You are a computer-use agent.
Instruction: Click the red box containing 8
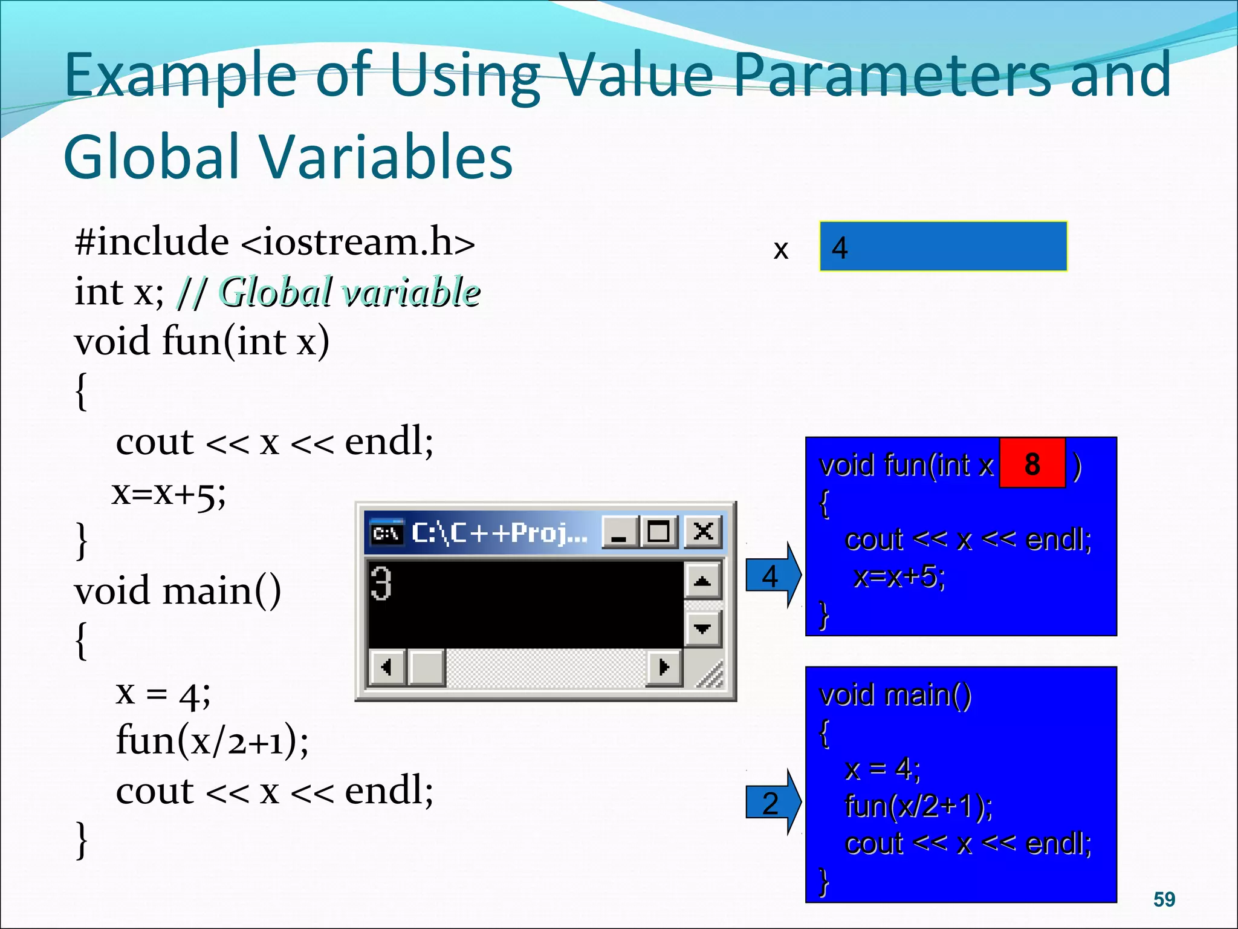coord(1032,463)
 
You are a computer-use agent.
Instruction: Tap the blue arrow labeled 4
coord(772,575)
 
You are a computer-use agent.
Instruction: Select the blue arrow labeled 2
coord(772,803)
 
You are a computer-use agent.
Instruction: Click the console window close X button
coord(703,532)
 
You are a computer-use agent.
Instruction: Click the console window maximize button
coord(659,532)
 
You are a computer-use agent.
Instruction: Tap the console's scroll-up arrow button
coord(702,581)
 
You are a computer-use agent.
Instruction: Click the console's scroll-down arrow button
coord(702,628)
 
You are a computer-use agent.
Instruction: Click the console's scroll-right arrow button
coord(664,667)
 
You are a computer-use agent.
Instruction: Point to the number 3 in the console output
coord(381,583)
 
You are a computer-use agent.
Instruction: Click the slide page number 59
coord(1164,899)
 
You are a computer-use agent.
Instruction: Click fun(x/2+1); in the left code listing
coord(212,740)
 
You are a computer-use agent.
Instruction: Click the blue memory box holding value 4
coord(943,247)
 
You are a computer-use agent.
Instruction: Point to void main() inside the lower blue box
coord(895,695)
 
